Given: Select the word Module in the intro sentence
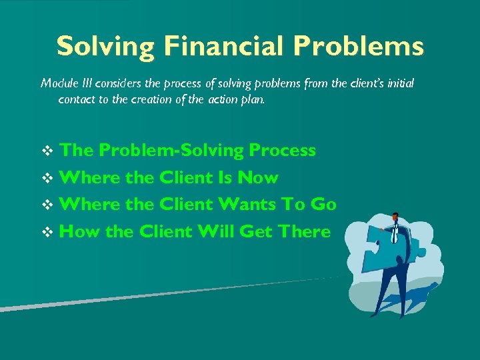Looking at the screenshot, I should tap(59, 83).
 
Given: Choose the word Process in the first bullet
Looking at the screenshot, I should tap(282, 151).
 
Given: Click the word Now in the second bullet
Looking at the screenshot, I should tap(258, 177).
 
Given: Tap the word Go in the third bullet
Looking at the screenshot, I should tap(323, 204).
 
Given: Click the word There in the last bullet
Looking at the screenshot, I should tap(304, 231).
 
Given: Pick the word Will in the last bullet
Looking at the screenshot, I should tap(219, 231).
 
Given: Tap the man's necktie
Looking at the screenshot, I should tap(395, 233).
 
